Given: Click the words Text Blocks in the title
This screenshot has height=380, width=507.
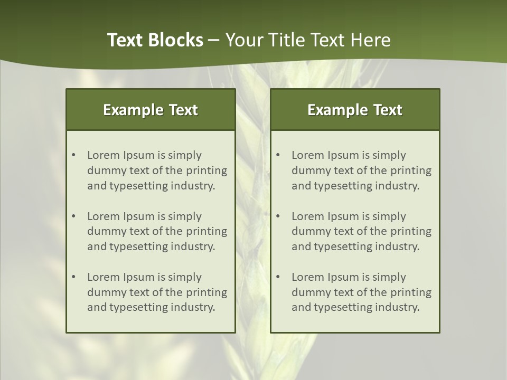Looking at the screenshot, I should [155, 40].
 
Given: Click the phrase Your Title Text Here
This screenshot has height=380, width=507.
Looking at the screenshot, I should [308, 40].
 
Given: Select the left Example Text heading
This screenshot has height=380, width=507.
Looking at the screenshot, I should [151, 110].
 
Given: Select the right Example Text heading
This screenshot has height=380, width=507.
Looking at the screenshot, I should [355, 110].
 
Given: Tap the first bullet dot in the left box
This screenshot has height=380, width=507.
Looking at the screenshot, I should [74, 155].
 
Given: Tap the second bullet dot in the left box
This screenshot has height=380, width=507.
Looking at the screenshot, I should [74, 216].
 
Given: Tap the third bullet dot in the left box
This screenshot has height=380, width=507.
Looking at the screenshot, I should [74, 277].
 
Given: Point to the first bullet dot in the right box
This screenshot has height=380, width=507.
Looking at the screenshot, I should [278, 155].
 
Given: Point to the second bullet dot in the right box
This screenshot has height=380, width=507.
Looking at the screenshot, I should [278, 216].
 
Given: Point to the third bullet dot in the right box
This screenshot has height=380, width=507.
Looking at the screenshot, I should [278, 277].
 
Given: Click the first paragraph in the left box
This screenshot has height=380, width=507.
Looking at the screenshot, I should [157, 170].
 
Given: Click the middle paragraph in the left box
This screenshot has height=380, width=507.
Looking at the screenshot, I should [157, 231].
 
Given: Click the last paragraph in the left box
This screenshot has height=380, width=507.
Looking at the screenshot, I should [157, 292].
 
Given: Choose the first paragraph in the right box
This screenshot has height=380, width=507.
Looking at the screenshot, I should [361, 170].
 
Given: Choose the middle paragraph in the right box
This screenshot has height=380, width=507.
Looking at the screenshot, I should [361, 231].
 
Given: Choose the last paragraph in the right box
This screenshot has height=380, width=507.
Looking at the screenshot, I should [361, 292].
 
